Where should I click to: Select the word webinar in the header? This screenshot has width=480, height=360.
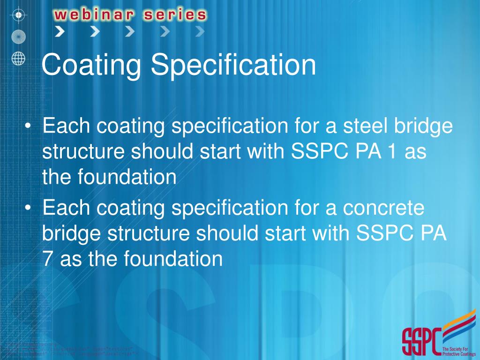[x=94, y=15]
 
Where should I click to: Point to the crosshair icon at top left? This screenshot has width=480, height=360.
[x=18, y=15]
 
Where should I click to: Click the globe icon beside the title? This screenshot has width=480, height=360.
[x=18, y=58]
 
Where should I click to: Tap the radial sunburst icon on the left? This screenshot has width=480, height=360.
[x=18, y=36]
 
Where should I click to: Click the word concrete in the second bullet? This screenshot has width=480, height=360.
[x=383, y=208]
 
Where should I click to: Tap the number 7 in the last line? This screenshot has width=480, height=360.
[x=47, y=259]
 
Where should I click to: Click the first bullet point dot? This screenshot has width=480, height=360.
[x=29, y=127]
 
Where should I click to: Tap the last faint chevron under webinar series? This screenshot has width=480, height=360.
[x=200, y=32]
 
